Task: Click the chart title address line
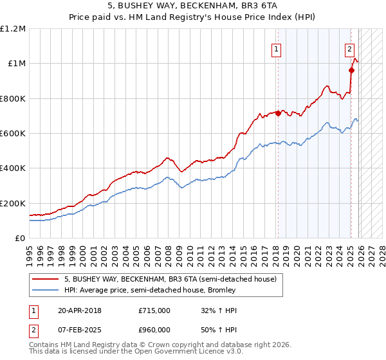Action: point(193,6)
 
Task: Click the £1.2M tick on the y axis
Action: point(13,29)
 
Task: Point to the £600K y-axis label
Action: point(13,134)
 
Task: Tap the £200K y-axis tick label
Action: point(13,203)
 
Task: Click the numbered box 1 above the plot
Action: point(277,48)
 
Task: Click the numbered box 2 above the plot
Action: point(349,48)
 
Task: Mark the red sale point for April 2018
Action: point(278,113)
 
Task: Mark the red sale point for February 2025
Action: point(351,71)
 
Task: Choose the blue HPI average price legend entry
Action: point(149,290)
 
